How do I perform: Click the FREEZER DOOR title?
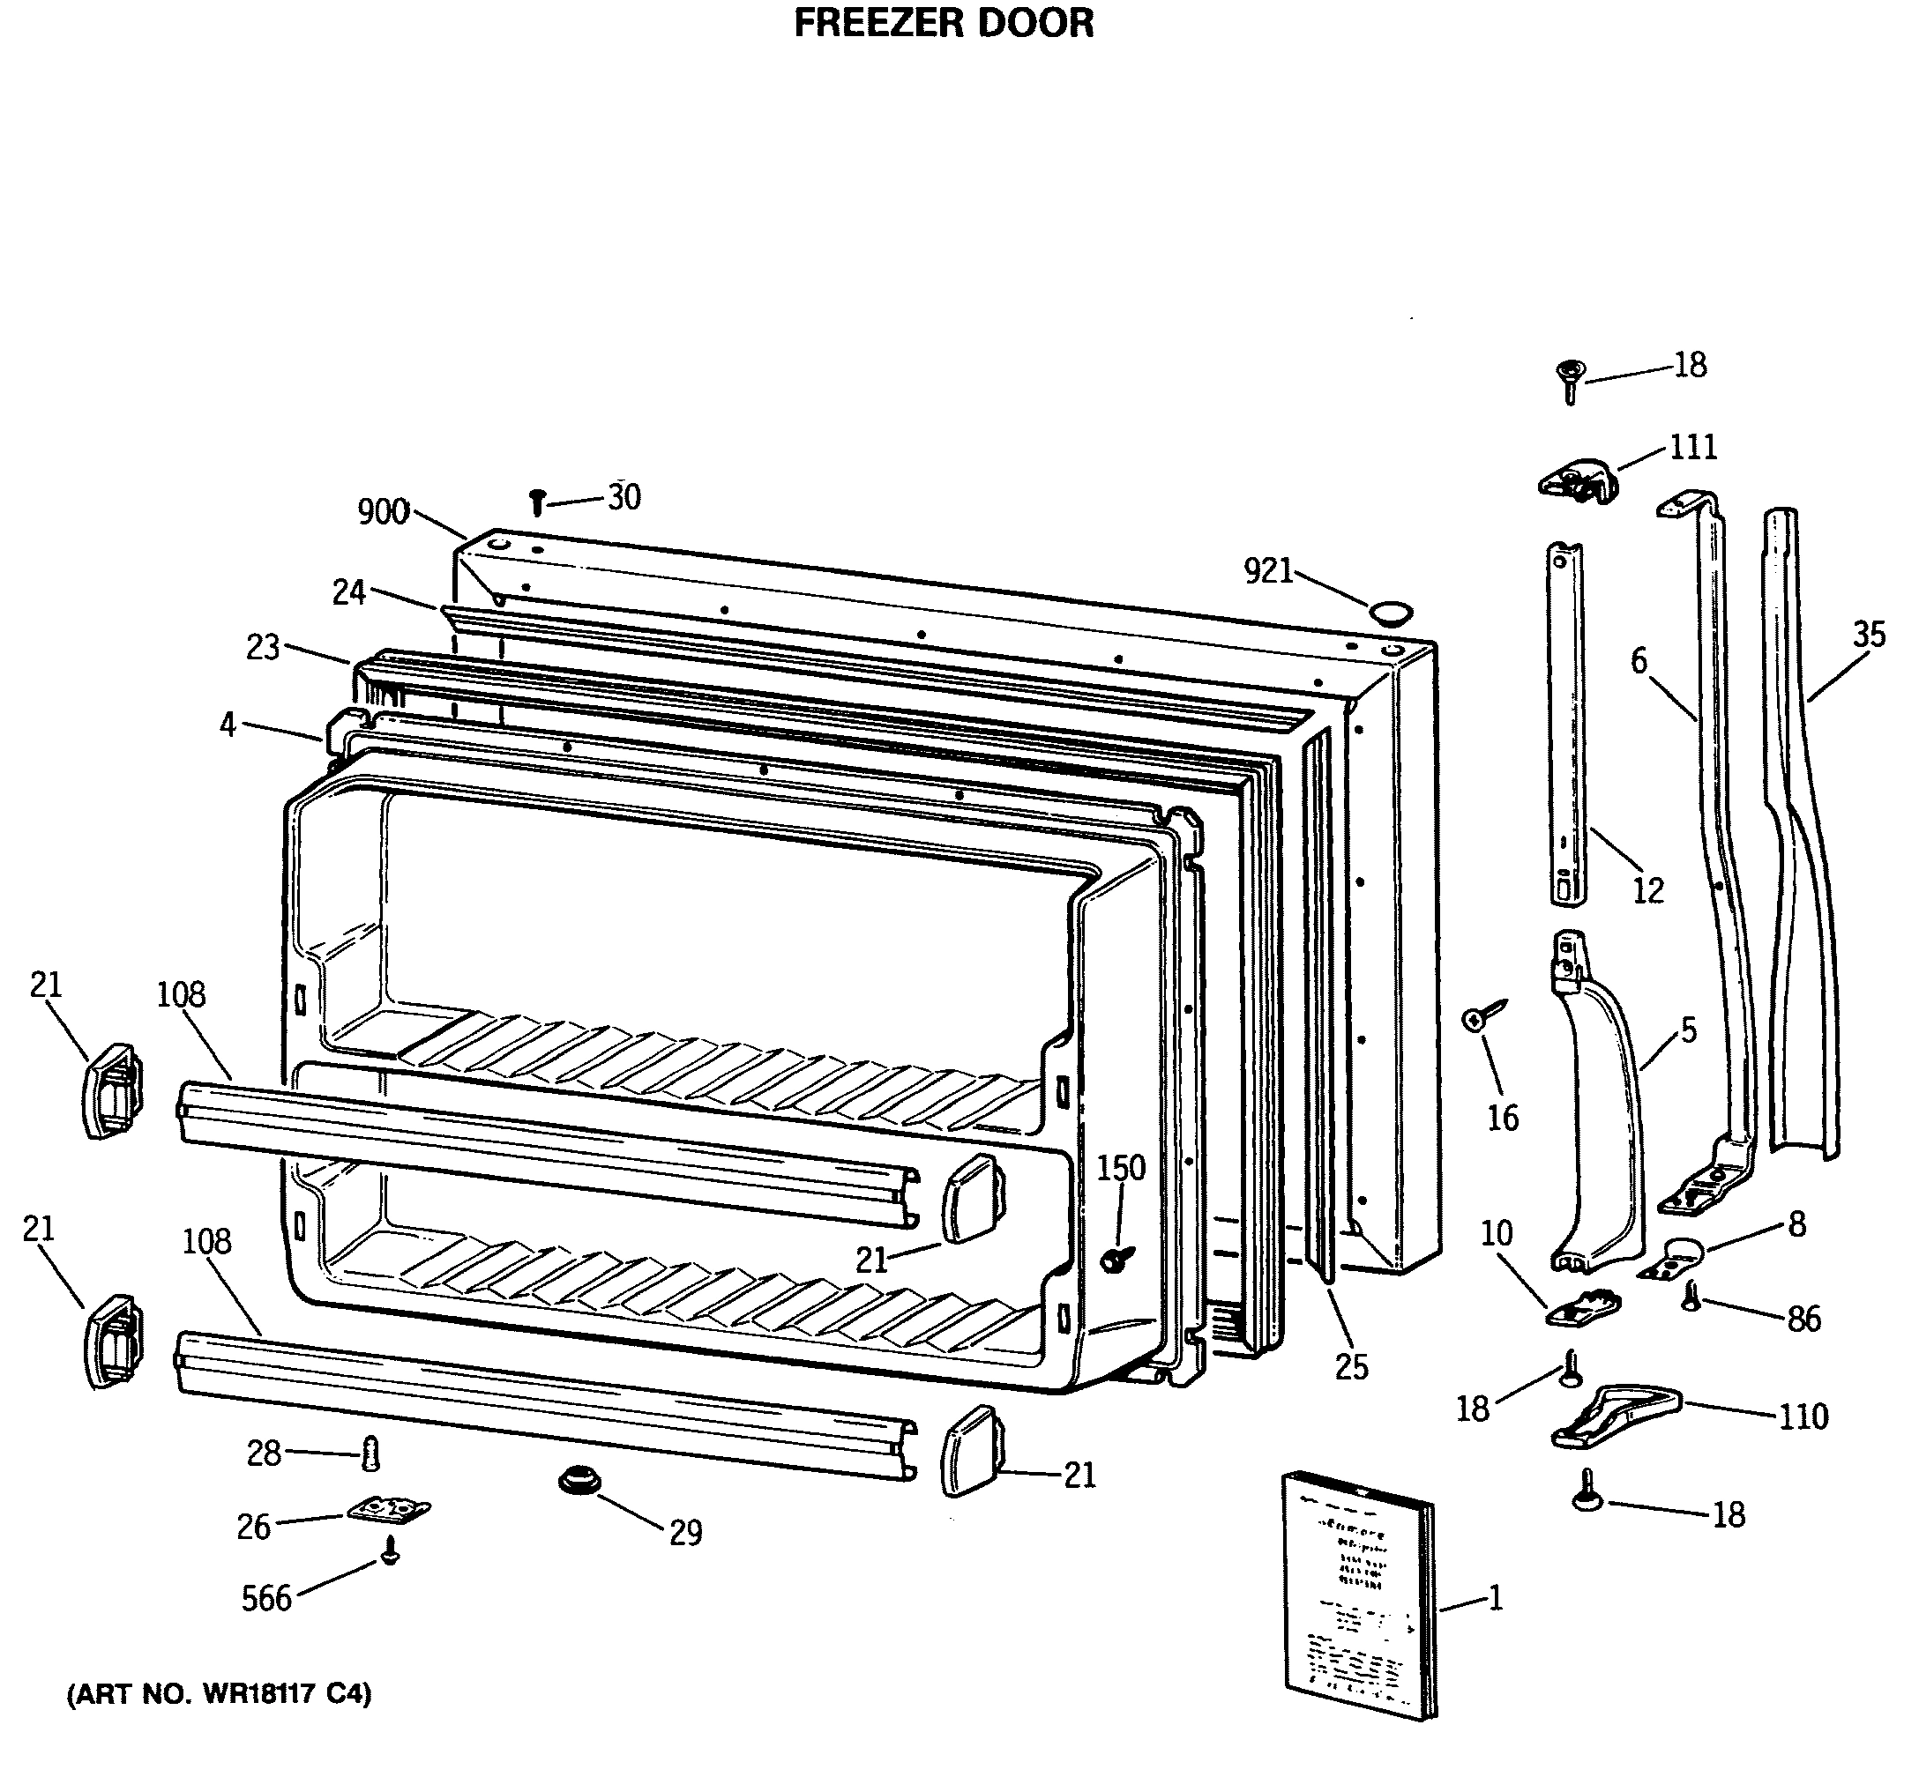(943, 23)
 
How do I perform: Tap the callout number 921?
(1268, 571)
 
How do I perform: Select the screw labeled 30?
(538, 501)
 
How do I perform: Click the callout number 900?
(383, 512)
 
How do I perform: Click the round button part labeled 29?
(579, 1480)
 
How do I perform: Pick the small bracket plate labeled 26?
(389, 1511)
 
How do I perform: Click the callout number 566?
(266, 1598)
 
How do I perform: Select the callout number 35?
(1869, 635)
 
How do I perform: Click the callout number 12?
(1646, 890)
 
